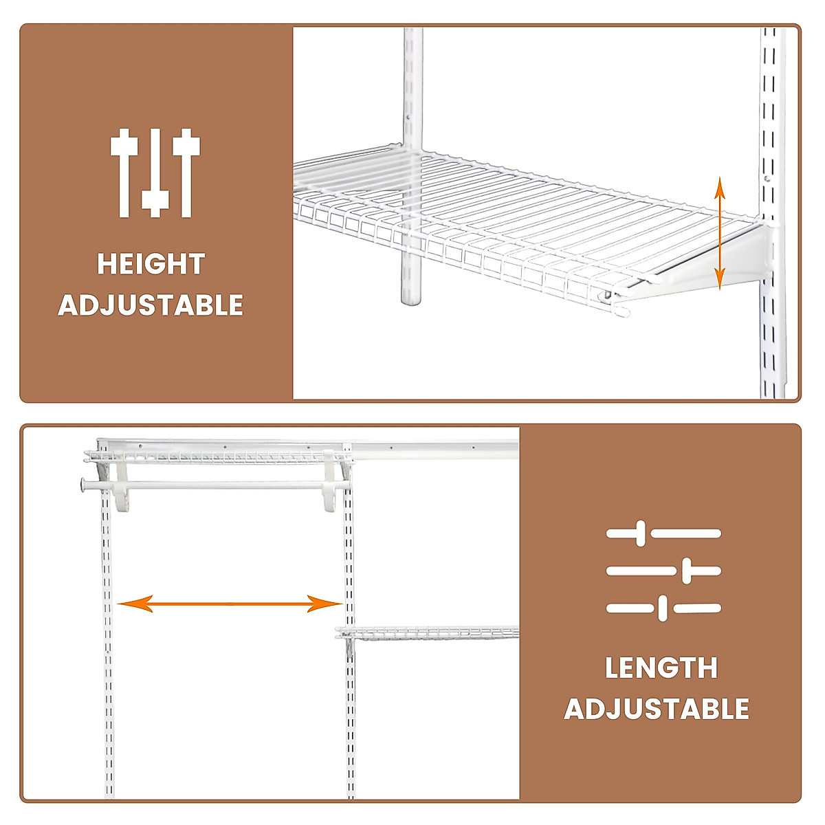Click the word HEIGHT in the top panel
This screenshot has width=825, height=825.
(x=151, y=264)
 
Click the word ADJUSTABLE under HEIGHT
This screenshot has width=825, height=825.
(x=151, y=305)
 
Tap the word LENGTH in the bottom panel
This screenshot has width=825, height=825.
(x=661, y=668)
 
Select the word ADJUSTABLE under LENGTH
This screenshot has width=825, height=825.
(x=657, y=709)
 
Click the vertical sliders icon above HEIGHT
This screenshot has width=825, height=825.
(x=155, y=173)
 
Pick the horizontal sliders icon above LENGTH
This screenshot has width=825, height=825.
(x=663, y=571)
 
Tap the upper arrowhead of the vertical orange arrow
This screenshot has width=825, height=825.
(x=719, y=186)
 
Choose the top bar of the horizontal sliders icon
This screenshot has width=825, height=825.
(x=663, y=533)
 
